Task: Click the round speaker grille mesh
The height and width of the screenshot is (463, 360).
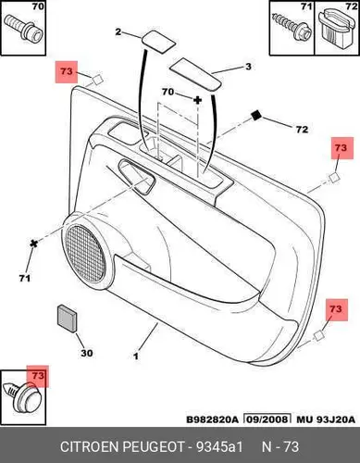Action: (86, 253)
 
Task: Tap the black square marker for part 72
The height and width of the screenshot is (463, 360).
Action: (256, 116)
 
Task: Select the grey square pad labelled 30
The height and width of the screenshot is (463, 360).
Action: (67, 319)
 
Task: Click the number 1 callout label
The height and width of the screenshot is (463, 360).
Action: (136, 356)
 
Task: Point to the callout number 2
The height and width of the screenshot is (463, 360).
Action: (118, 31)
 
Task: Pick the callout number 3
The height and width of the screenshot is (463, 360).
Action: (248, 67)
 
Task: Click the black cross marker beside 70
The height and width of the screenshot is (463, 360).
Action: (197, 100)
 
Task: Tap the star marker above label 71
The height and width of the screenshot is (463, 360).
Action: (33, 244)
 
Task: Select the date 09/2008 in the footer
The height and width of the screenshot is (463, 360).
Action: (267, 419)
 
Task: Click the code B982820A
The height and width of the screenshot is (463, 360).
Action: (213, 419)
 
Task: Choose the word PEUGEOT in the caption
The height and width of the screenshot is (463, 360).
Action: (154, 446)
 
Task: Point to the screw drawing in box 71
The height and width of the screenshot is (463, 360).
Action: (292, 27)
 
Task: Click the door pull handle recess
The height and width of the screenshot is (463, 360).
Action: (137, 177)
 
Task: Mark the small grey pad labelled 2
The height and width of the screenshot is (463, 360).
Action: (158, 41)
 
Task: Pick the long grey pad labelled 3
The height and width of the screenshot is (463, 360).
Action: (195, 74)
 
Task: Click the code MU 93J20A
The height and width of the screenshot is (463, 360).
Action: (326, 419)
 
